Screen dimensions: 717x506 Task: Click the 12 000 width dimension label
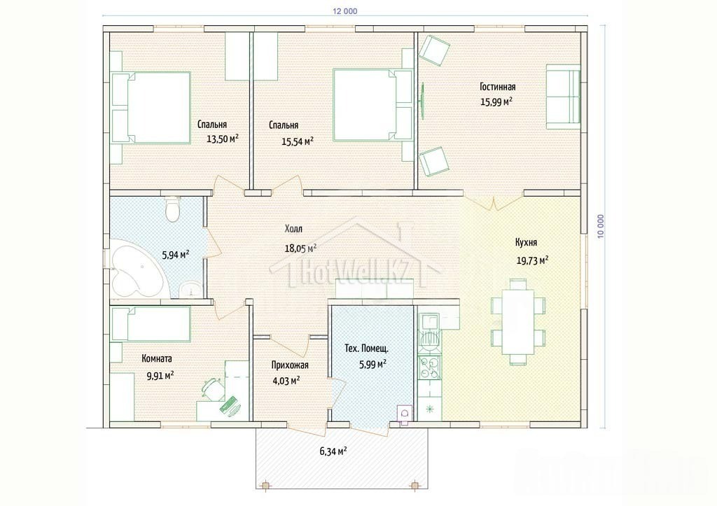click(345, 11)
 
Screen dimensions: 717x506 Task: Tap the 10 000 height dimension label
click(600, 226)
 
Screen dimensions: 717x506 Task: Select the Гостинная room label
click(498, 87)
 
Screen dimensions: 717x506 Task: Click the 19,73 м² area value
click(533, 260)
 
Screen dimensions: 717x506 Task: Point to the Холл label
click(293, 229)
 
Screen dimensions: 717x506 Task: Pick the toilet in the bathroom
click(173, 209)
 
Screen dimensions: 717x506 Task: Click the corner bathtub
click(136, 271)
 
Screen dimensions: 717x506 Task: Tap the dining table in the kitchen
click(517, 322)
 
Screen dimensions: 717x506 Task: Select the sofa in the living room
click(564, 97)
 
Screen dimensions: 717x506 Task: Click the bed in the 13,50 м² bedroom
click(151, 107)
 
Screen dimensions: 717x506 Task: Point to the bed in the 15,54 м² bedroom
click(373, 105)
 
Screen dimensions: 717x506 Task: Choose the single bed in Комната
click(151, 324)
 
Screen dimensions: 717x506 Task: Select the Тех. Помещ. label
click(367, 349)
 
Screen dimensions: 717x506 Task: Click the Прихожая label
click(290, 365)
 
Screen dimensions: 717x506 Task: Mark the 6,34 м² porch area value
click(333, 451)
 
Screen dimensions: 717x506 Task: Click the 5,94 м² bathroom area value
click(176, 255)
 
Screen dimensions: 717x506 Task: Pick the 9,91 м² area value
click(160, 376)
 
